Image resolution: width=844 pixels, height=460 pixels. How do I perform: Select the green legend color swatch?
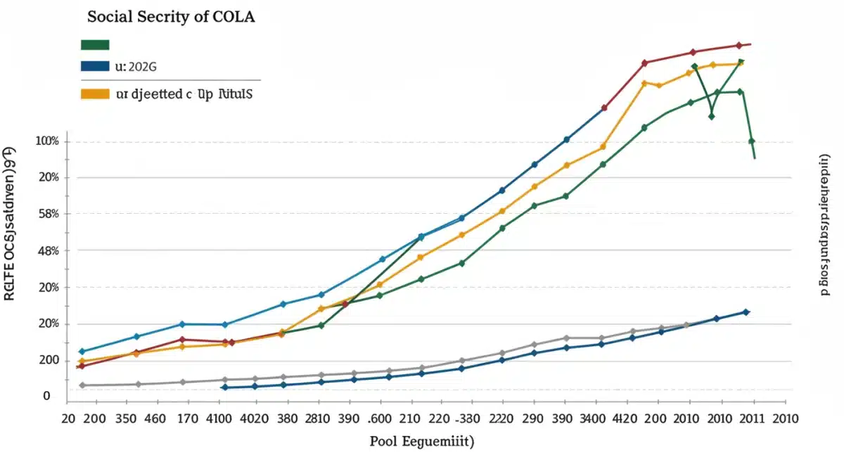(x=95, y=44)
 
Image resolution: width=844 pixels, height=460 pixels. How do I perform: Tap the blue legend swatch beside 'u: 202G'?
(x=95, y=67)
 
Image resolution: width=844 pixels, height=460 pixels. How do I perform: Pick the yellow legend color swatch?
(x=95, y=93)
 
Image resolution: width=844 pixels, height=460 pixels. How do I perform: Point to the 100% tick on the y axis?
(x=47, y=141)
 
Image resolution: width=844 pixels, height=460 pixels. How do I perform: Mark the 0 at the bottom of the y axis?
(x=47, y=396)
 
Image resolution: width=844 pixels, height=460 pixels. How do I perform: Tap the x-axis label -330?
(x=463, y=419)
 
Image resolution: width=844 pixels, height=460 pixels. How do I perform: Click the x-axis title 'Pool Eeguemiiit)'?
(x=421, y=442)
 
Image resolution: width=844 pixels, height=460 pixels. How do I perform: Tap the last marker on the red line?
(x=738, y=45)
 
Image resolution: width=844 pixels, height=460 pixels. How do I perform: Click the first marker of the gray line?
(x=82, y=385)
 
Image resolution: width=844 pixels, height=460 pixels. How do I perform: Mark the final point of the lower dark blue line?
(x=746, y=312)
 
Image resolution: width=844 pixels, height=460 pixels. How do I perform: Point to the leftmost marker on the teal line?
(x=82, y=351)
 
